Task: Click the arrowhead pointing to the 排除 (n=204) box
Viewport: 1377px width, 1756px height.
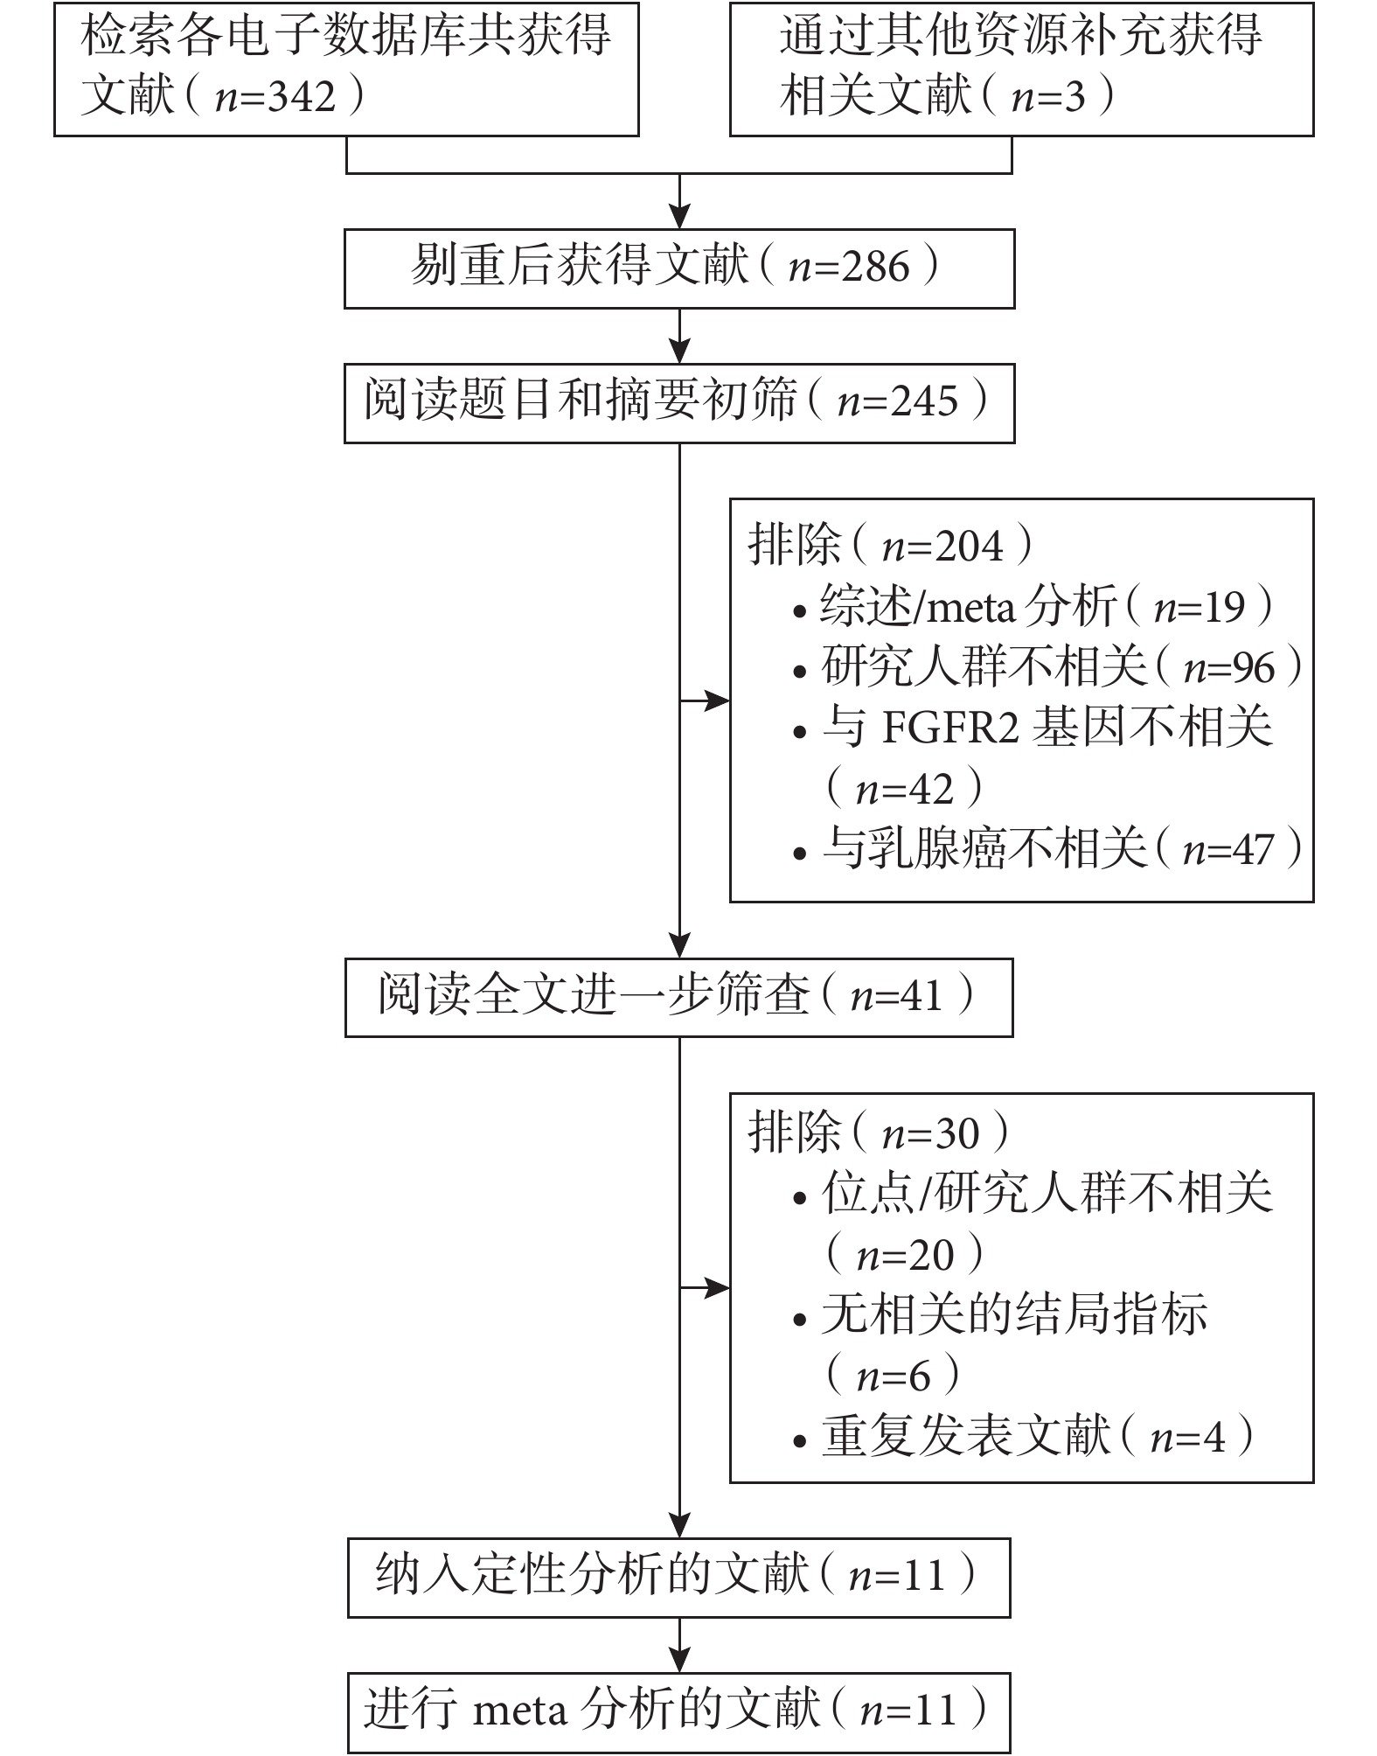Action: tap(718, 700)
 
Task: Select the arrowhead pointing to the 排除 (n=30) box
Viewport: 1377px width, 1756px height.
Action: tap(718, 1288)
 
